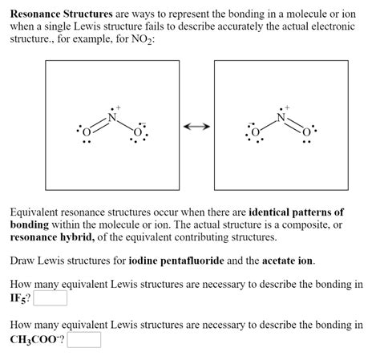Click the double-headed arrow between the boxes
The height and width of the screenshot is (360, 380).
tap(196, 127)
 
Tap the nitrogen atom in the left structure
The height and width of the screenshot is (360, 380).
tap(112, 117)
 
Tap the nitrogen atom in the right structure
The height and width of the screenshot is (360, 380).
tap(281, 117)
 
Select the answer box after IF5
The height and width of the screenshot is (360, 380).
tap(50, 299)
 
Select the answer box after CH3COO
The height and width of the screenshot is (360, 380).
tap(85, 340)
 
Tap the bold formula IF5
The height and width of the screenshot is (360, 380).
tap(19, 299)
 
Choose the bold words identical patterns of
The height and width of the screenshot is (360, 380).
tap(297, 212)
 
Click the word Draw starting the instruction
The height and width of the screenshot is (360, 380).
tap(24, 261)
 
